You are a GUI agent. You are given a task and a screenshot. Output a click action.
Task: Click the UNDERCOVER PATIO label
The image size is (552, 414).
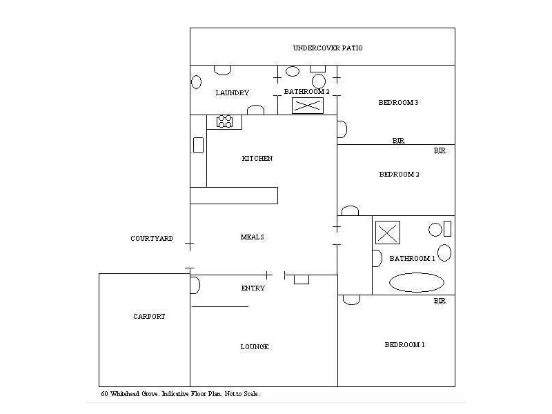(328, 48)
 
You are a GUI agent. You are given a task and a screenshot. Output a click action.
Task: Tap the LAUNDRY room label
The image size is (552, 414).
(232, 93)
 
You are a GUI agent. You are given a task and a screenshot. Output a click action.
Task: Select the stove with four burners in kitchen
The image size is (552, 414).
(225, 122)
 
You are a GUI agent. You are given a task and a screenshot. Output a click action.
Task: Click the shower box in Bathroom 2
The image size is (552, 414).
(307, 106)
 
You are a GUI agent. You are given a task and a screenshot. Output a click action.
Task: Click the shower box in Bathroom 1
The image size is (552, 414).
(388, 231)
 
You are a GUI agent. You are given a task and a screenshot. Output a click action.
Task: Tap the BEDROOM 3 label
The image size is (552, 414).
(399, 103)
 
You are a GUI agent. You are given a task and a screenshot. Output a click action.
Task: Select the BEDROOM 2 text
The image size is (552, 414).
(399, 175)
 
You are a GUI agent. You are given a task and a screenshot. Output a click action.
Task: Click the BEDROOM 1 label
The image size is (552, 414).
(404, 344)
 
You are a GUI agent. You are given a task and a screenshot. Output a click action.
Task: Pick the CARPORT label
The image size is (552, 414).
(149, 317)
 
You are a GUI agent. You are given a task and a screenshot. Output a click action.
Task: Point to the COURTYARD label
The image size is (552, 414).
(152, 239)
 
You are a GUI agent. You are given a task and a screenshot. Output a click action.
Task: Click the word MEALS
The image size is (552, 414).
(253, 237)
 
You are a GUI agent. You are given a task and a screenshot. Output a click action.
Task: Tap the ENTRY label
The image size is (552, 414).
(253, 288)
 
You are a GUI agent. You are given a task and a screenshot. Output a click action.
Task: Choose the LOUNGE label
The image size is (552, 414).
(255, 347)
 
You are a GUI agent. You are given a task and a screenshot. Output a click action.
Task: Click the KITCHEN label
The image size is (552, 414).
(257, 159)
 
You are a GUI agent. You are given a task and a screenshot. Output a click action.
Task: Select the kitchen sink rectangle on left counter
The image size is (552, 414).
(198, 145)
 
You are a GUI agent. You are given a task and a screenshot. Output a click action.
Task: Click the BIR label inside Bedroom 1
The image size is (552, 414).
(440, 302)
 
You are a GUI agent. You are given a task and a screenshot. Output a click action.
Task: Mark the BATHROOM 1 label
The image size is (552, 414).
(412, 259)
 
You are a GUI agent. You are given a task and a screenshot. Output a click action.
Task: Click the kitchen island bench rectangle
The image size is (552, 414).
(233, 195)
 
